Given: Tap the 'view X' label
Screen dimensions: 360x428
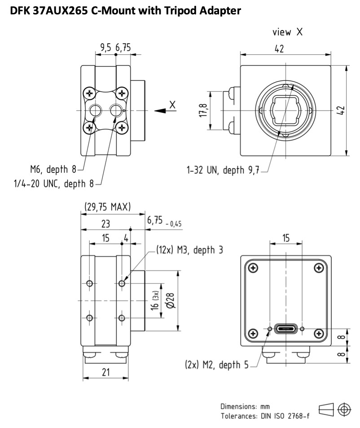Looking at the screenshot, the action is coord(287,32).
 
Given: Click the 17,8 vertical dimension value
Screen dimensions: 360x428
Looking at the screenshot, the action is coord(203,110).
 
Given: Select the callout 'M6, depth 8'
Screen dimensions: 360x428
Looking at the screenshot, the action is coord(53,169).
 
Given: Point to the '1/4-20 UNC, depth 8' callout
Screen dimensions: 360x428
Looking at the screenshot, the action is coord(54,183).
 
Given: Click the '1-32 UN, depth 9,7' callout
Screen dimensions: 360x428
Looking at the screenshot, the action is coord(223,170).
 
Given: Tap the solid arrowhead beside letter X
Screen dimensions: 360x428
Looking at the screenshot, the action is coord(160,111).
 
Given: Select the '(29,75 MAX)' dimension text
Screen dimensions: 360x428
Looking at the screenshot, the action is coord(107,207).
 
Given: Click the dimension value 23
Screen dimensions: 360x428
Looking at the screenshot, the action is coord(105,224).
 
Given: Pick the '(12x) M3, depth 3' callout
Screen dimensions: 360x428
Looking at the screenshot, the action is coord(189,250).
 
